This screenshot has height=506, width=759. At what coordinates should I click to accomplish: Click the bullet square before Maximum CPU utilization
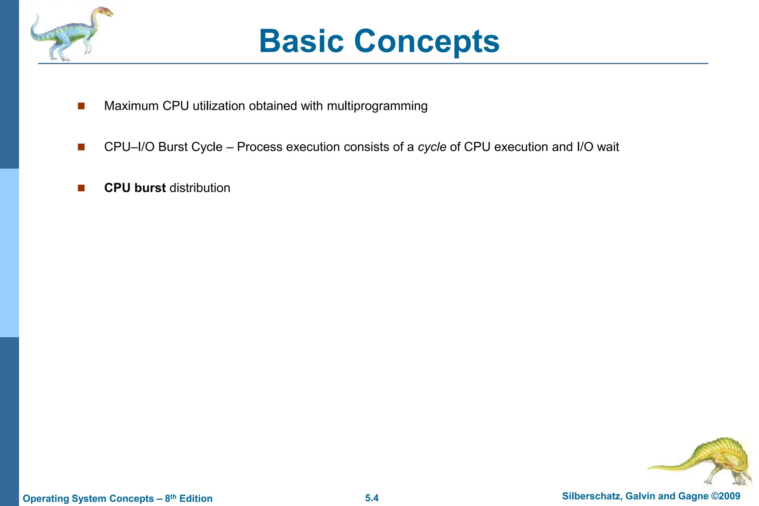coord(81,106)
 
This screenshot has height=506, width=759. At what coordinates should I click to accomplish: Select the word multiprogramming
coord(377,106)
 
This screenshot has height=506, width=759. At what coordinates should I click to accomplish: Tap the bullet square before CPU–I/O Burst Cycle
coord(81,147)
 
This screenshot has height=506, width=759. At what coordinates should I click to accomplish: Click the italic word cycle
coord(432,147)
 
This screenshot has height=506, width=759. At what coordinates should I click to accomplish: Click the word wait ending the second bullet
coord(608,147)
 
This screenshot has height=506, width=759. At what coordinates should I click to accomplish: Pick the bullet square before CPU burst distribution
coord(81,188)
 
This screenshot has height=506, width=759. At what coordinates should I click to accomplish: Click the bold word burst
coord(150,188)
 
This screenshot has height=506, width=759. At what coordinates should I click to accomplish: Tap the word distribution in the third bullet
coord(200,188)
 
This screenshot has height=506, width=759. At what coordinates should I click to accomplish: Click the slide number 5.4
coord(372,498)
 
